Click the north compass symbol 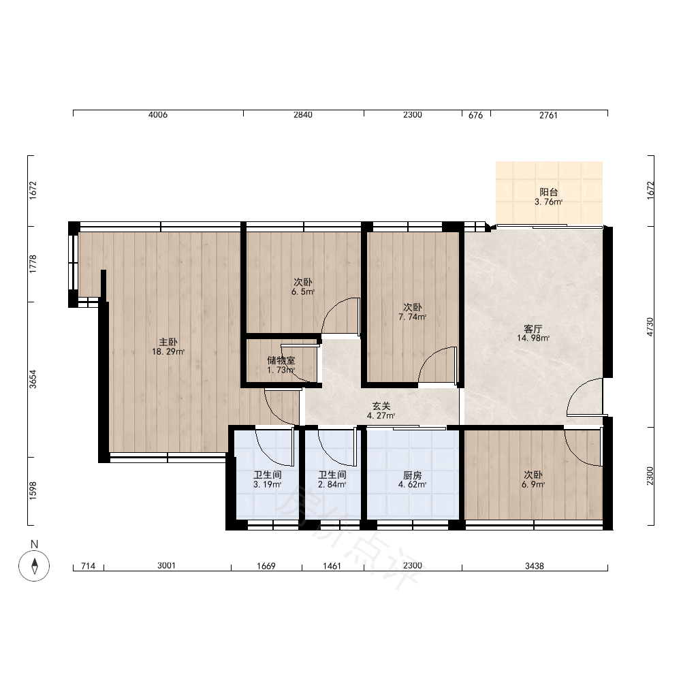[x=34, y=565]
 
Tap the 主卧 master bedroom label [x=168, y=343]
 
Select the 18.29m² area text [x=168, y=352]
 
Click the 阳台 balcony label [x=548, y=192]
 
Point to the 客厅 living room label [x=533, y=329]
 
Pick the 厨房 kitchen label [x=412, y=475]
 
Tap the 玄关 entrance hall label [x=381, y=406]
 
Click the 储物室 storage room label [x=281, y=360]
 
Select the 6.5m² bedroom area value [x=303, y=292]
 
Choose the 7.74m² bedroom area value [x=412, y=317]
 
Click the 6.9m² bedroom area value [x=533, y=484]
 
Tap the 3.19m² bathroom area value [x=268, y=484]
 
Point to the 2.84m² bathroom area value [x=332, y=484]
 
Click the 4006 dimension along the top [x=158, y=114]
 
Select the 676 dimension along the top [x=476, y=115]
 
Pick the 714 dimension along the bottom [x=88, y=566]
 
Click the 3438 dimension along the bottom [x=534, y=566]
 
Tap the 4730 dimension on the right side [x=650, y=327]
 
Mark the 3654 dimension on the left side [x=33, y=379]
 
